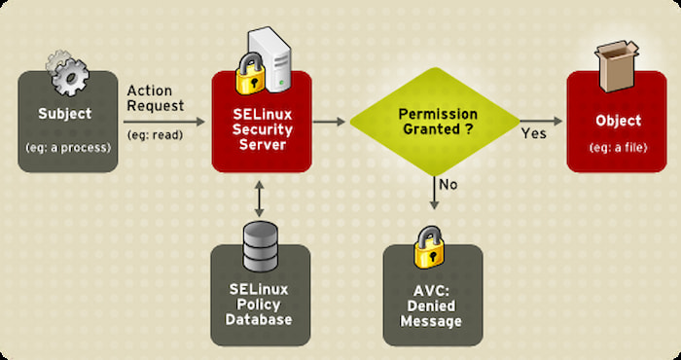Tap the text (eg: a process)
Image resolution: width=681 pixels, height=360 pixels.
pyautogui.click(x=67, y=147)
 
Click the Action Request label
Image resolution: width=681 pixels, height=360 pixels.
pyautogui.click(x=157, y=98)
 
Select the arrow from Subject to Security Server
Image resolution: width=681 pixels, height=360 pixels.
pyautogui.click(x=164, y=121)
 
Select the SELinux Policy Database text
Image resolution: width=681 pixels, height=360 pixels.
pyautogui.click(x=260, y=305)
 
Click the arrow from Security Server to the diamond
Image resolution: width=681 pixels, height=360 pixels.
pyautogui.click(x=331, y=121)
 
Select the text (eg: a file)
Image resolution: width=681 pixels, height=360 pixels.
pyautogui.click(x=618, y=147)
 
